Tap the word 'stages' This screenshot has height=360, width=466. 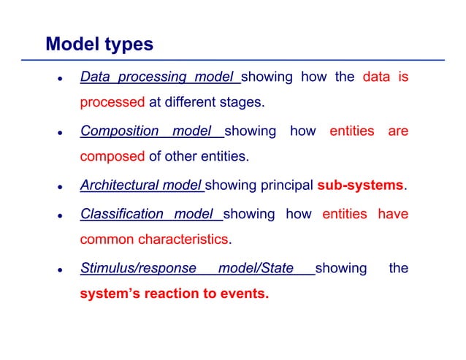point(240,102)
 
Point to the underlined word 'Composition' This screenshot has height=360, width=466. point(119,132)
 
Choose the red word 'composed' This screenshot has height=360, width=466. point(112,156)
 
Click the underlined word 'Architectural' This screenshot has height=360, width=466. point(120,186)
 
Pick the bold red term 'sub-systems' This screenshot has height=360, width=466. point(360,186)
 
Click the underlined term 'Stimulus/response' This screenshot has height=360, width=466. point(138,269)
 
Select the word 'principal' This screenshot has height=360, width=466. point(283,186)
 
